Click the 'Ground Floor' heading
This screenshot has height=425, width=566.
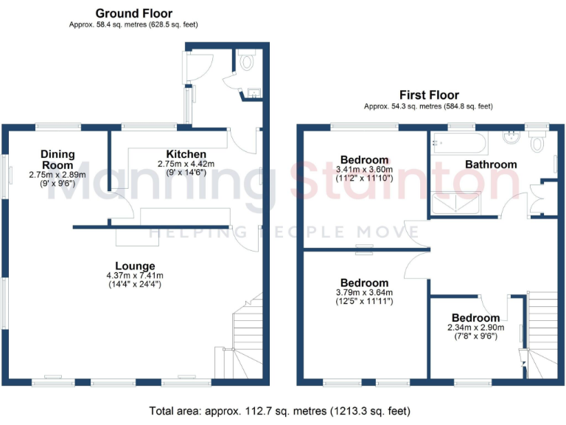pos(134,13)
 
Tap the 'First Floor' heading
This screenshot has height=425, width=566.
pos(429,95)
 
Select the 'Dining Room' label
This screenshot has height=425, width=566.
pos(57,159)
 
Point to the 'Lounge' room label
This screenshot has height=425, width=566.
pos(134,266)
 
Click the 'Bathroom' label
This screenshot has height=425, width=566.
pos(490,164)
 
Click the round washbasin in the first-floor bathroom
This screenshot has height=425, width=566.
pos(509,138)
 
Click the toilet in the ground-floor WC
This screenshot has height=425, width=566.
pos(246,63)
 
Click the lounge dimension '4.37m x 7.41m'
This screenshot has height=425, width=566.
pos(134,275)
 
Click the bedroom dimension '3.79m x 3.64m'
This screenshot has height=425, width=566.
pos(364,292)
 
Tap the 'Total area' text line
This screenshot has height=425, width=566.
pos(280,410)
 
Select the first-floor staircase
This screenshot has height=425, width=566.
pos(542,332)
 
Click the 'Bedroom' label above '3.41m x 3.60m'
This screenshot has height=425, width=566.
pos(364,160)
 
